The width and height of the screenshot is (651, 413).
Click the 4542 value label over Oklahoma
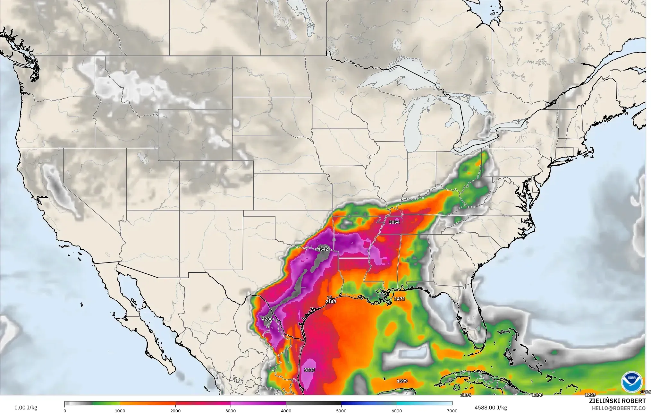click(323, 249)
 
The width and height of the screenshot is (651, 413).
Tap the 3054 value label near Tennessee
click(394, 222)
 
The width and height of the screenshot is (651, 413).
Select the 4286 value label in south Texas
click(267, 319)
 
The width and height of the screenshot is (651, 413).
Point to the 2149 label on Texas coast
click(331, 302)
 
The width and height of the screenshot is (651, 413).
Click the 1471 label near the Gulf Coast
click(400, 299)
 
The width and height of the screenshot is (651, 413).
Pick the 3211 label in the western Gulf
click(309, 370)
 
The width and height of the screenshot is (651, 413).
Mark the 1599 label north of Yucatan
click(402, 381)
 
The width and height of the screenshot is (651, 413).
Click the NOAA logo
click(631, 382)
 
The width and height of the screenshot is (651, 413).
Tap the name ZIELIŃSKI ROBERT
click(617, 401)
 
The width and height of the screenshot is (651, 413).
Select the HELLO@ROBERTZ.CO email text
click(619, 408)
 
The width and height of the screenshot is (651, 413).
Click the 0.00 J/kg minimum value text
click(26, 408)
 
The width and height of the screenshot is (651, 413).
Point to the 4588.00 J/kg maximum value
click(491, 408)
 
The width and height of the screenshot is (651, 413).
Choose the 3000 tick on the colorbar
click(231, 411)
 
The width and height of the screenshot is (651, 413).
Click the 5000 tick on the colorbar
click(341, 411)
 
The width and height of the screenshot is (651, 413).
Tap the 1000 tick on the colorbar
click(120, 411)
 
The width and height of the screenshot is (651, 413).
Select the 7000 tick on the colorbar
click(452, 411)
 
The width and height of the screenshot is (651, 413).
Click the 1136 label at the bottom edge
click(466, 395)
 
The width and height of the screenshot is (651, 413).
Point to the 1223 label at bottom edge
click(590, 395)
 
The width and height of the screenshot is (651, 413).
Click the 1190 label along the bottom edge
click(537, 395)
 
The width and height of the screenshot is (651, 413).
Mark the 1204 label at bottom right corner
click(646, 392)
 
